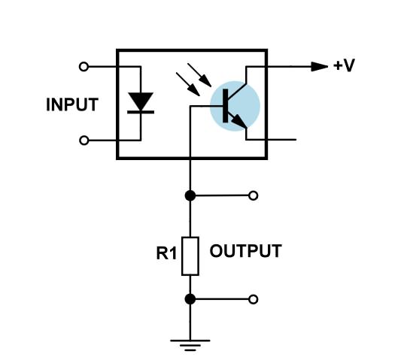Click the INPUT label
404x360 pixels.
point(72,104)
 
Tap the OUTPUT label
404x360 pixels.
point(245,251)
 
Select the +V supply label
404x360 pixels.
point(345,65)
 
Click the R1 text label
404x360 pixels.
point(166,253)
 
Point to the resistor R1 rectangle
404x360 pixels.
point(190,256)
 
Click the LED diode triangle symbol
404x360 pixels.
point(141,101)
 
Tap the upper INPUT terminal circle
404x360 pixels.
point(84,67)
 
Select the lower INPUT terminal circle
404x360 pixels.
point(84,141)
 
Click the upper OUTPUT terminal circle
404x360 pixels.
point(254,195)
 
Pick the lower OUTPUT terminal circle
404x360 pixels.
point(254,299)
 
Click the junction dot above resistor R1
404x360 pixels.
point(190,195)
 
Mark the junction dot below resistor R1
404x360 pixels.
point(190,299)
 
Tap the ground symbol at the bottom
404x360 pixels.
point(190,345)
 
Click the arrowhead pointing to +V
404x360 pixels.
point(320,67)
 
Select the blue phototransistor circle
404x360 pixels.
point(235,106)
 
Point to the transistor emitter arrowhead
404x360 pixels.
point(239,121)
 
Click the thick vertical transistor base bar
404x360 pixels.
point(225,106)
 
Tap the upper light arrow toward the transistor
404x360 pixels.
point(199,75)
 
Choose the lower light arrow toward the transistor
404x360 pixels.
point(188,84)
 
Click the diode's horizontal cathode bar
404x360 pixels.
point(141,112)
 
